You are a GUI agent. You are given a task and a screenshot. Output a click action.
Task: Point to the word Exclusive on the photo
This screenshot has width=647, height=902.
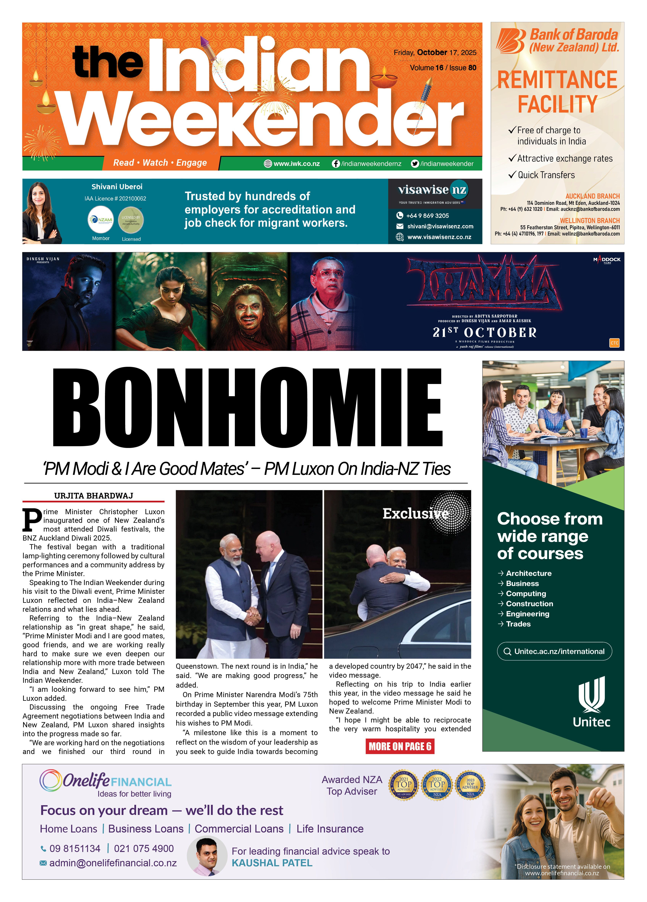[x=415, y=514]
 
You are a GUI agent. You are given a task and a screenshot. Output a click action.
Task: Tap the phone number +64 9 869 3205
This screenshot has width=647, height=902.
[x=427, y=216]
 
